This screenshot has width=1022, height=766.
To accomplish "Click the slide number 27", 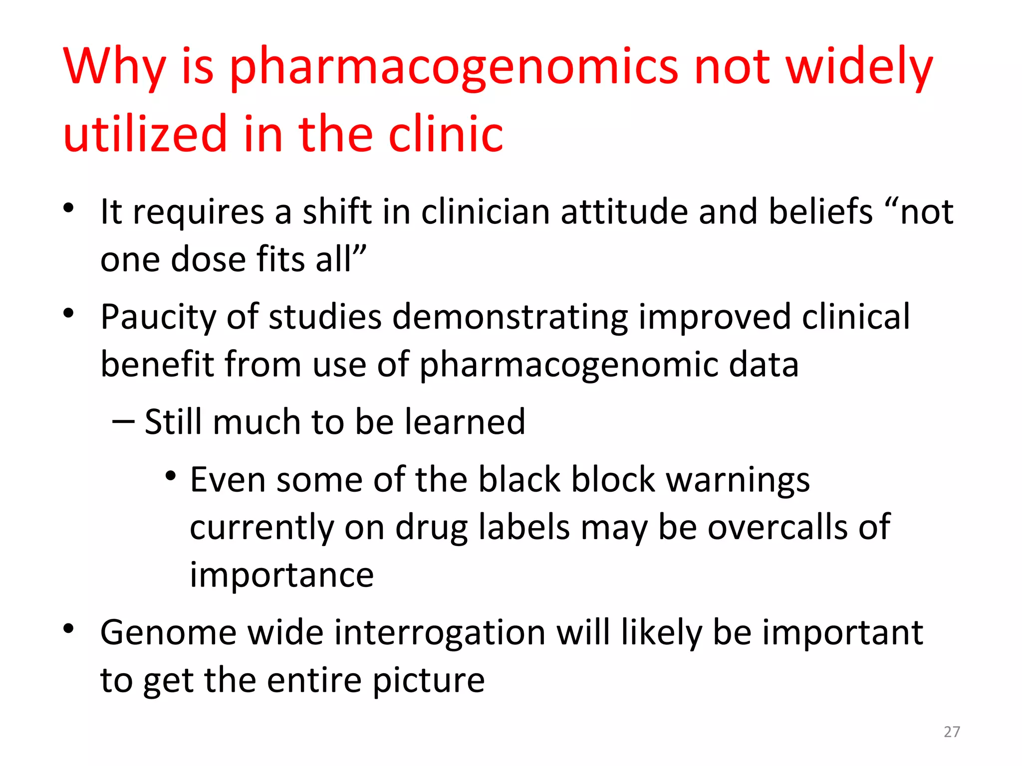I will click(x=952, y=732).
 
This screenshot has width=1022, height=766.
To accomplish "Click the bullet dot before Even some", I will click(x=171, y=476).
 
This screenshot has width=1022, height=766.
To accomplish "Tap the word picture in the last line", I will click(x=429, y=681).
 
